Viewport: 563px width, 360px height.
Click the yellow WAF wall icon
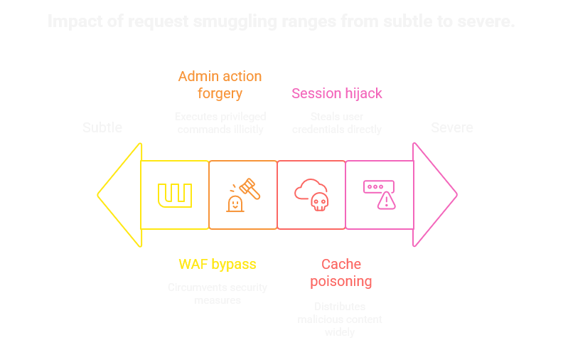(175, 195)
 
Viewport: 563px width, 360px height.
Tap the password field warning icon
(380, 194)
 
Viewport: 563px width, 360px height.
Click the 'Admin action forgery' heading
(220, 85)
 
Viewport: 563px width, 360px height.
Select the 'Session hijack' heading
(337, 93)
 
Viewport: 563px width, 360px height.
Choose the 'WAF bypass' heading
(217, 265)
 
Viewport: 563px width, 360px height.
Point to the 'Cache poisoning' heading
(341, 272)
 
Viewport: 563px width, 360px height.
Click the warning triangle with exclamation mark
(386, 201)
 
